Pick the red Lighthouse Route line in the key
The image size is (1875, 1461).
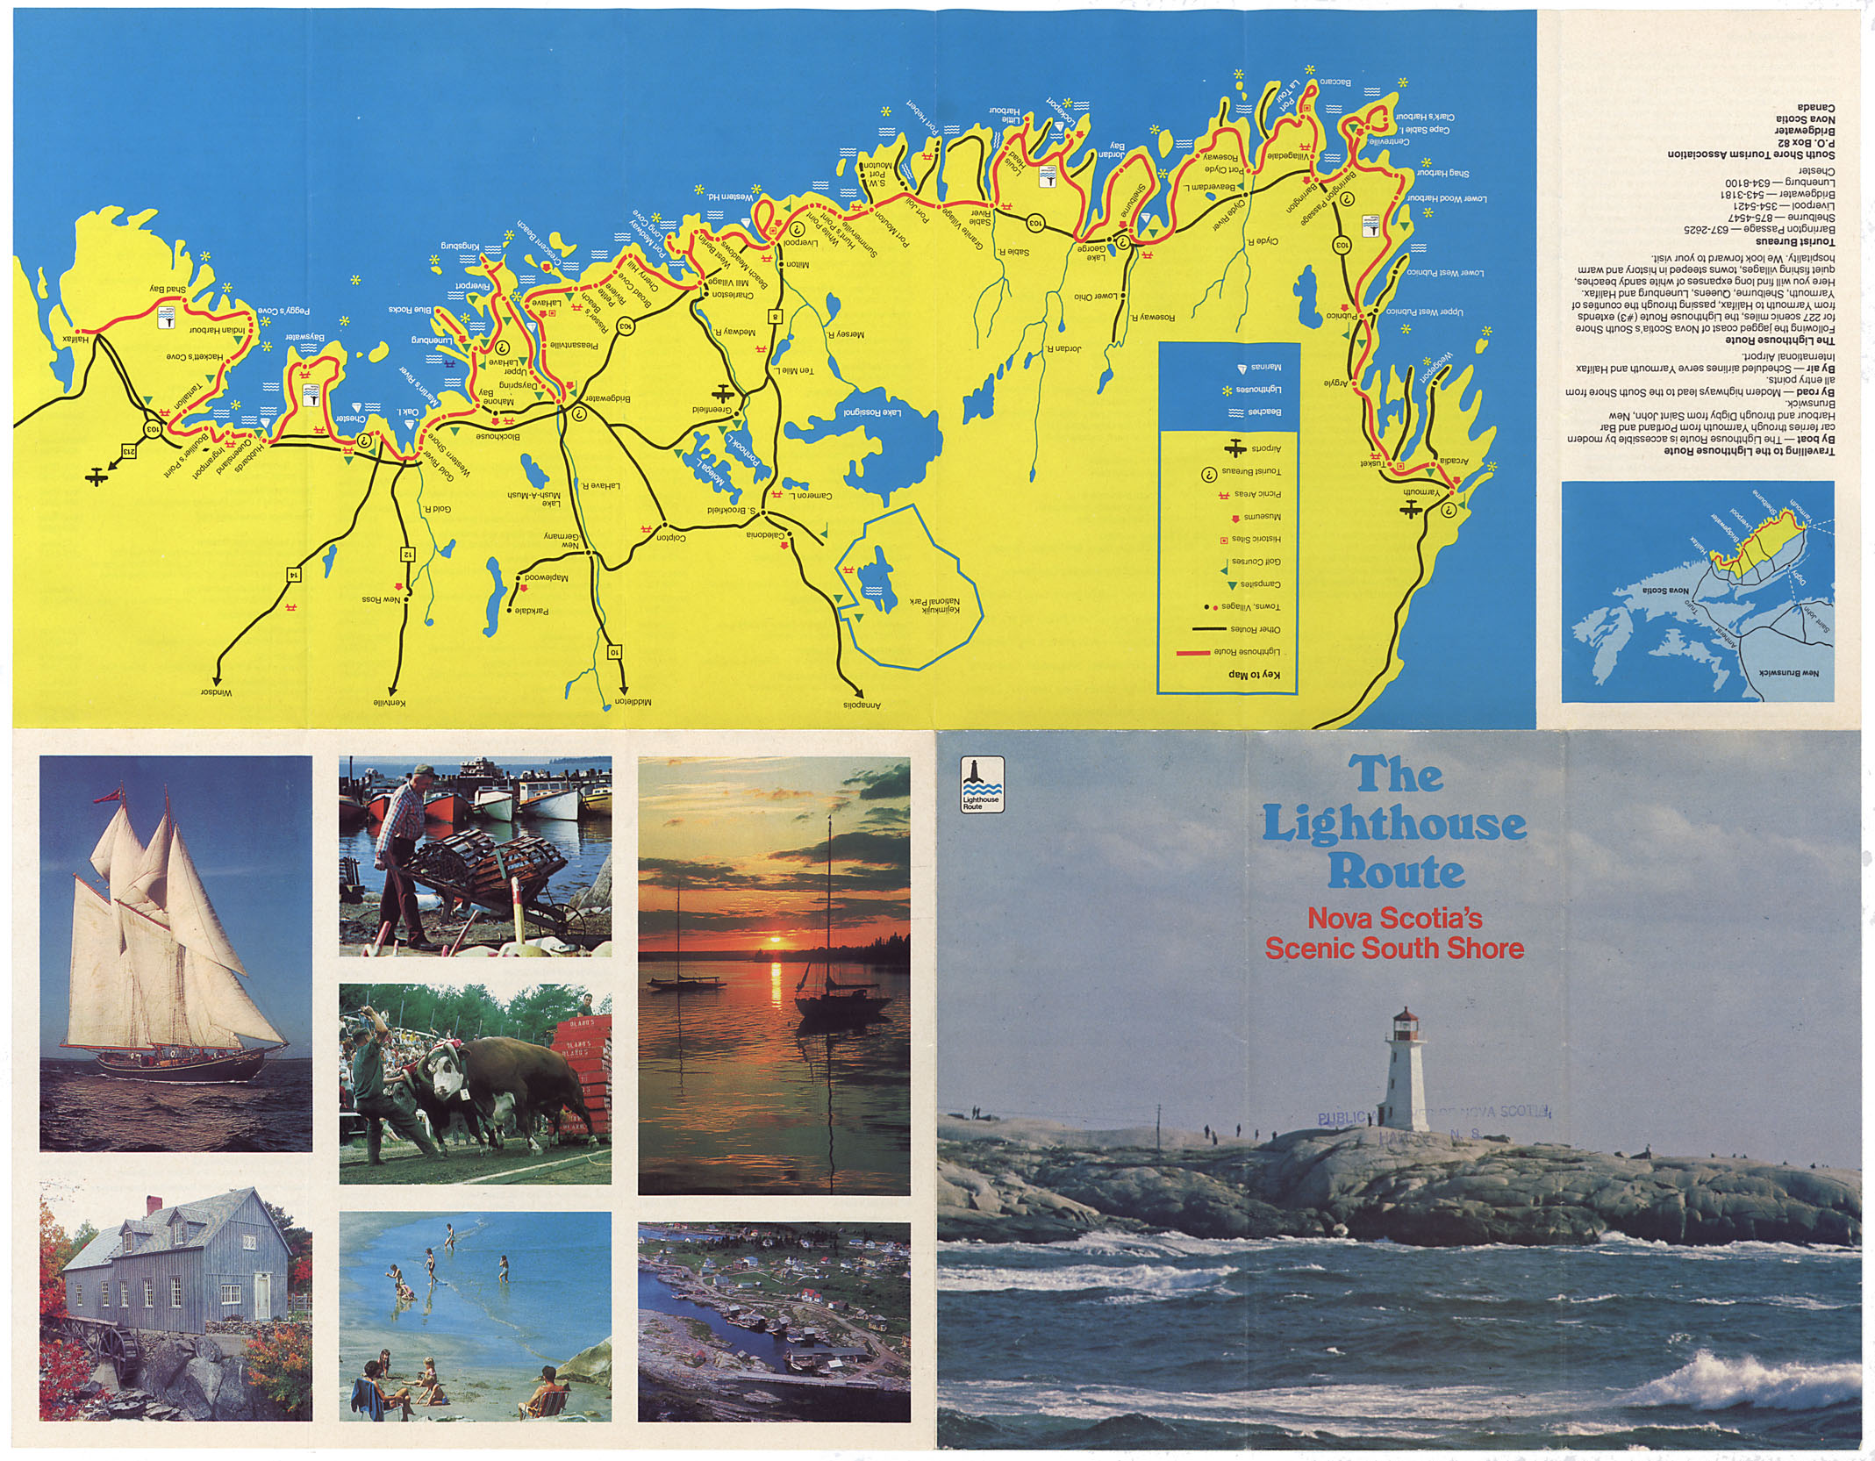click(x=1192, y=653)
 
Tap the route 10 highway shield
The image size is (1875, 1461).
click(x=615, y=651)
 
